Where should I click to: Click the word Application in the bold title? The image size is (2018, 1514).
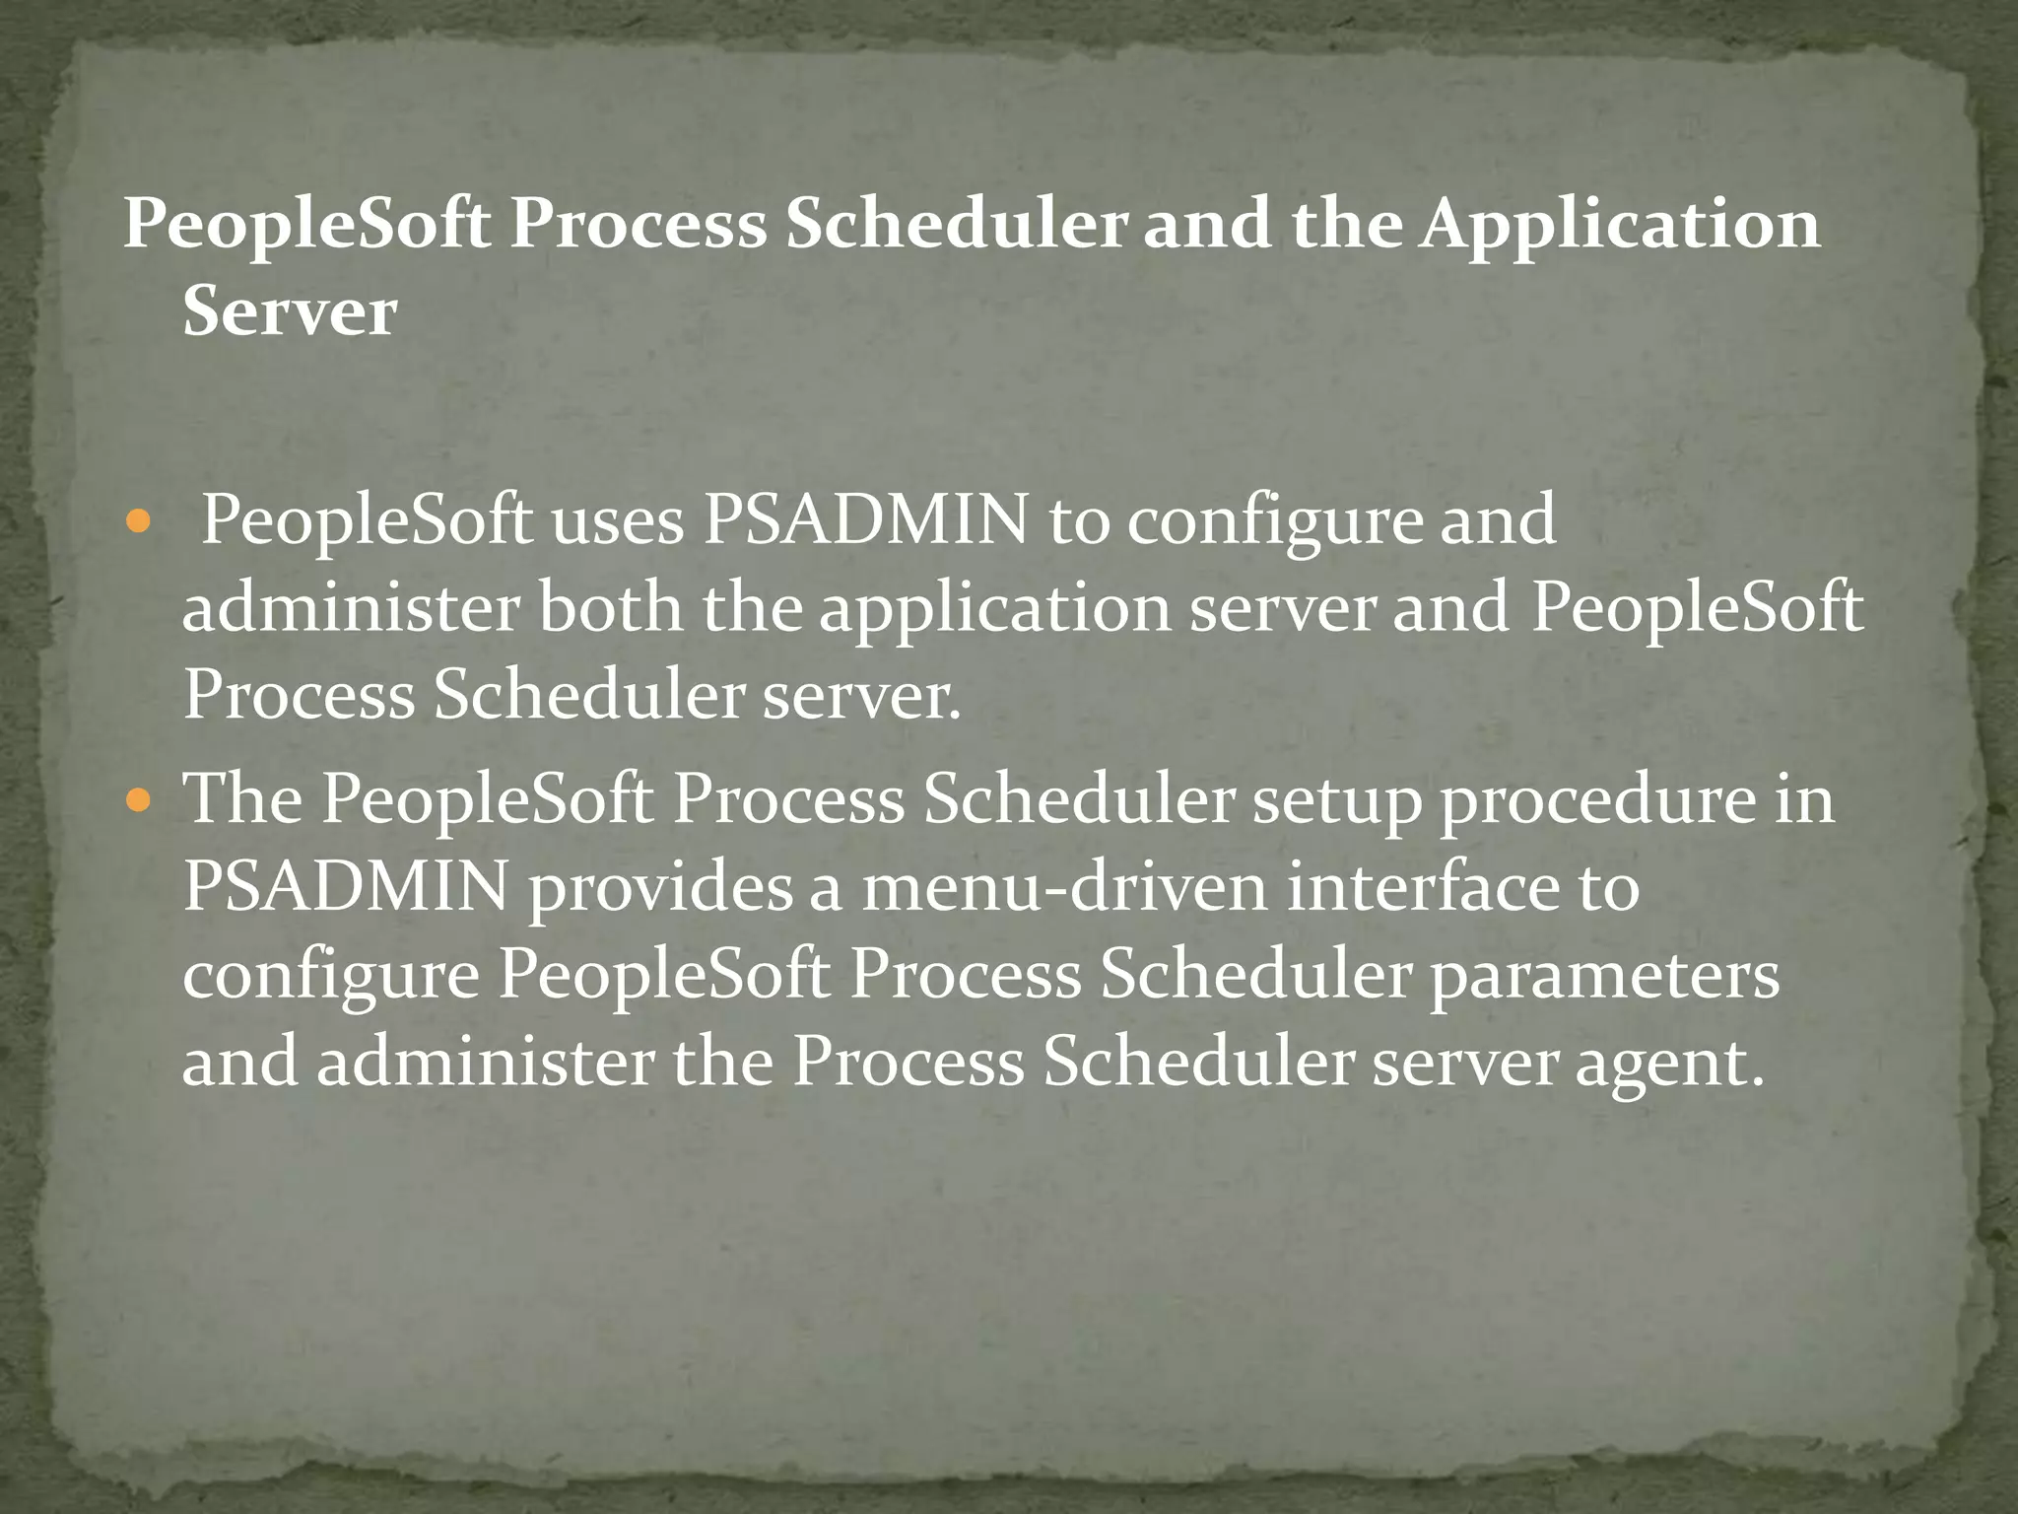click(1621, 225)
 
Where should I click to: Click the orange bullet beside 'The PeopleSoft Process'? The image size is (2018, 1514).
click(138, 797)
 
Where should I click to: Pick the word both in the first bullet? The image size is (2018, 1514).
click(610, 608)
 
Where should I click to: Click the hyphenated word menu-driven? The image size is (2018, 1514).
click(1064, 886)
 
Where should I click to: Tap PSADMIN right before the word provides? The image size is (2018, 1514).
click(346, 886)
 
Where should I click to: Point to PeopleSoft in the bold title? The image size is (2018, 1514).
click(306, 225)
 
